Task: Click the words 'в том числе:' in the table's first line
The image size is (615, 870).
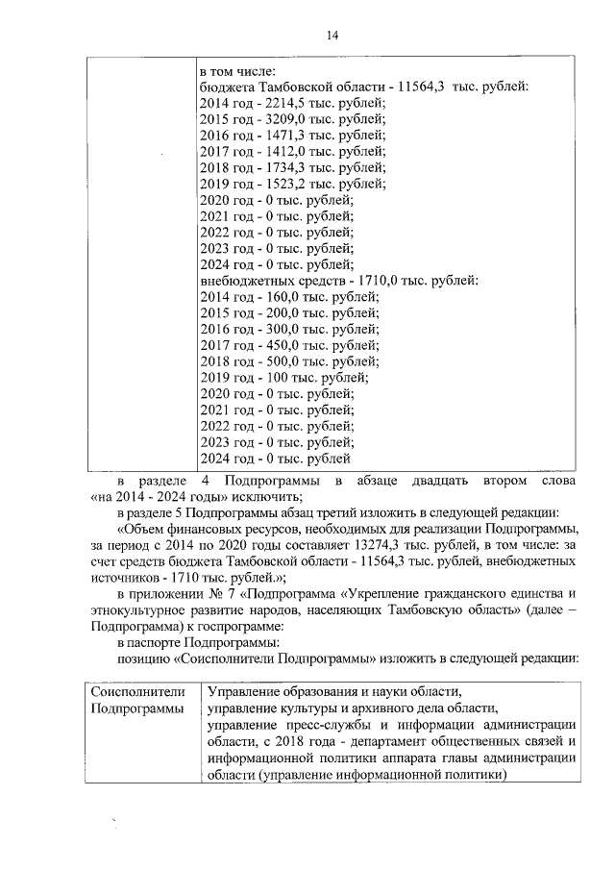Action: pyautogui.click(x=237, y=71)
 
